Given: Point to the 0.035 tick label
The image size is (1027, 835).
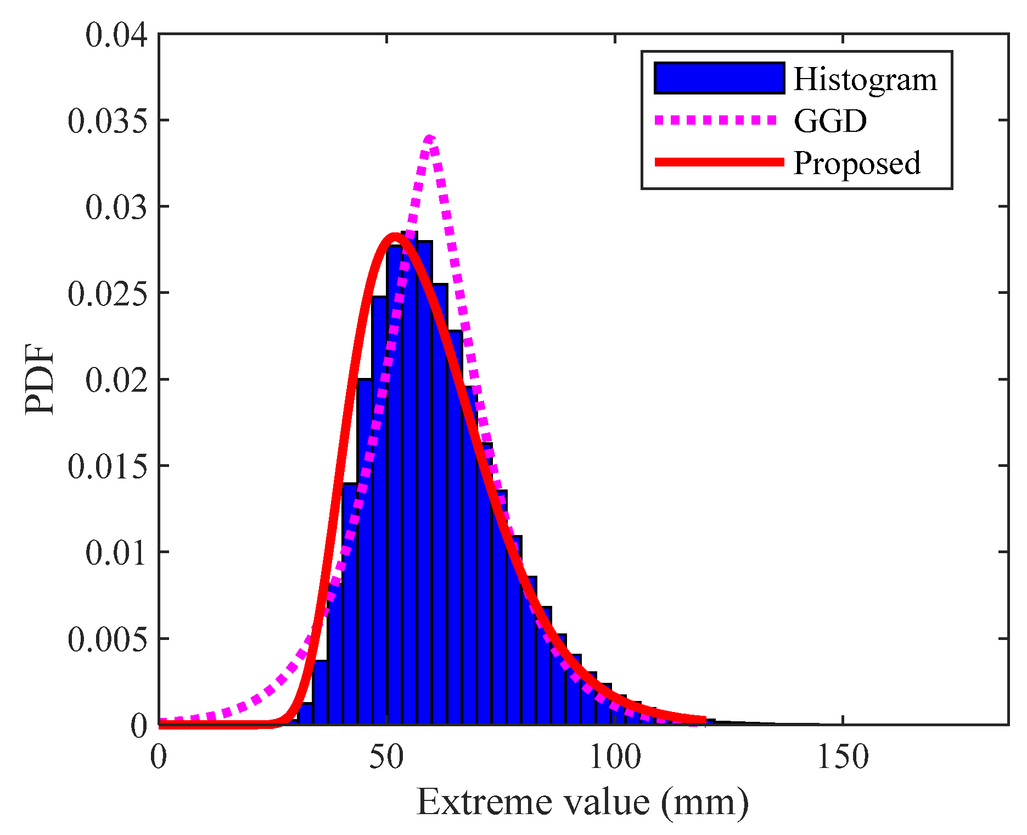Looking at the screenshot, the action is click(x=108, y=121).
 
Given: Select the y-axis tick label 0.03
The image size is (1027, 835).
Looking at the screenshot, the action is click(x=116, y=207).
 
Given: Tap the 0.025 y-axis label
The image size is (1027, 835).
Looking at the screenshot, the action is click(x=108, y=293).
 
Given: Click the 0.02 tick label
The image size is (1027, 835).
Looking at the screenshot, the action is click(x=116, y=380).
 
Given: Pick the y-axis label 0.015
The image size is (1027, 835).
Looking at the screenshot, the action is click(x=108, y=466).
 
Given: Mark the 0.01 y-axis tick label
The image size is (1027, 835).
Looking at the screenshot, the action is click(x=116, y=552).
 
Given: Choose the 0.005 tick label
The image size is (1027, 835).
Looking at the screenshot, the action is click(x=108, y=638).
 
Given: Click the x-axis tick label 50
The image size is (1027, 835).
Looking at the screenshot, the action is click(x=386, y=756).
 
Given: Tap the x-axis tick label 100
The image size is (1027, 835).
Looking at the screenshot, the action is click(x=615, y=756).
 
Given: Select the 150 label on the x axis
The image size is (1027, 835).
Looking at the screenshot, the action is click(x=843, y=756).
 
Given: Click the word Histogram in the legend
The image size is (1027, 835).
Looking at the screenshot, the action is click(x=865, y=80).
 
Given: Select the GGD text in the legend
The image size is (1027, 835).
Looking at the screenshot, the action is click(x=830, y=121).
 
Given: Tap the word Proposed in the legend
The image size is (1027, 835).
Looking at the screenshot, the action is click(x=857, y=164).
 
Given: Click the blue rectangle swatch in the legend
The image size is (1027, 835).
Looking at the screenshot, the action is click(x=719, y=78).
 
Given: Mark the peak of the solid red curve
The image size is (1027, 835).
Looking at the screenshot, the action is click(x=394, y=236).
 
